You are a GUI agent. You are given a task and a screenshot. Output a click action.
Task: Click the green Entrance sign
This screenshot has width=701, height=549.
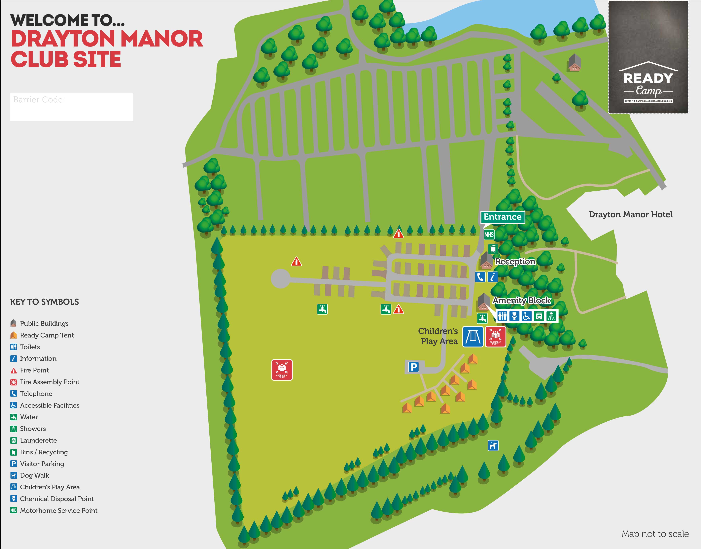[x=502, y=217]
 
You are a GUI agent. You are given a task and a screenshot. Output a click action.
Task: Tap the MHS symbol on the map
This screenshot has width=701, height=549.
[x=489, y=235]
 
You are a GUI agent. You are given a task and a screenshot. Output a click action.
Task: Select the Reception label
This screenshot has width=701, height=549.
[x=515, y=261]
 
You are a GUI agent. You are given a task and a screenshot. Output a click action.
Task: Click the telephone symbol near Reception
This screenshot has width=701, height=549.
[x=480, y=277]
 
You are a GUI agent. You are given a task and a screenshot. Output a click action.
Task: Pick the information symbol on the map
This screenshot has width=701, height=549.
[x=493, y=277]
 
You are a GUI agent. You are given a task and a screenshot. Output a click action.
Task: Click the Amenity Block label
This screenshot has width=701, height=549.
[x=522, y=301]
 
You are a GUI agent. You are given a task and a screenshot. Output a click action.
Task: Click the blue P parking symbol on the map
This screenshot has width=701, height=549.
[x=413, y=367]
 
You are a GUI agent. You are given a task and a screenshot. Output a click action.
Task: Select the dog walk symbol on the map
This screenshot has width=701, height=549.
[x=493, y=445]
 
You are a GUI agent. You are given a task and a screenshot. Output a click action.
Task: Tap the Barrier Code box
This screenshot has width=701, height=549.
[x=71, y=107]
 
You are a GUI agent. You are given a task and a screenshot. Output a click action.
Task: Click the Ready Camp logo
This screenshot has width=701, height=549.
[x=648, y=57]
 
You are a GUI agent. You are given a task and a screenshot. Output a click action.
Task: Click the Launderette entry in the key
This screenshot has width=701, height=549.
[x=38, y=440]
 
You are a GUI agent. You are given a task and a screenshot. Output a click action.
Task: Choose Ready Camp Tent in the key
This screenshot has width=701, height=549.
[x=47, y=335]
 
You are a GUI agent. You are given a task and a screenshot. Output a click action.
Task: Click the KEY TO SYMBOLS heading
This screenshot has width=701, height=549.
[x=44, y=302]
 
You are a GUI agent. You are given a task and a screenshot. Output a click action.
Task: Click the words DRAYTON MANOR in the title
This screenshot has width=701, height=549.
[x=107, y=39]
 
